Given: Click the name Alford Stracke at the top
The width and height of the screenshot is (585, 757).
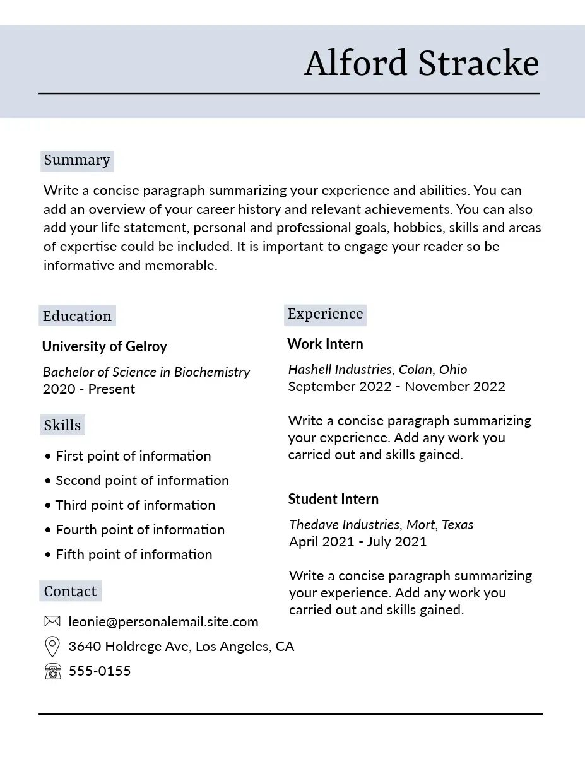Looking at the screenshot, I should point(421,64).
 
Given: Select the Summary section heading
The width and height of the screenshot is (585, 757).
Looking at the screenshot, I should point(77,160).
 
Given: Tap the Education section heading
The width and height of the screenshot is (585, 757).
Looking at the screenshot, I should point(77,316).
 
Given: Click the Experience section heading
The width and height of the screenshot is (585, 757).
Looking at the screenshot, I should point(325,314).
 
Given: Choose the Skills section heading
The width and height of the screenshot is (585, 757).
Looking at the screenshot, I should point(62,425).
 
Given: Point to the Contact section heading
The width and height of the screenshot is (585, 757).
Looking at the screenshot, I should point(70,591).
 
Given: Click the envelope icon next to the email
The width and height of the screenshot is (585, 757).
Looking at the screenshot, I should point(52,622).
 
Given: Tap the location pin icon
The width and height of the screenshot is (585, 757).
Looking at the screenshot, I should point(52,647).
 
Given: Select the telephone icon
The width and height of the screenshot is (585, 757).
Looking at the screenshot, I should point(53,671).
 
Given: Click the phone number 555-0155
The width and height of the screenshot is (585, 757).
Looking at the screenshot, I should point(100,671).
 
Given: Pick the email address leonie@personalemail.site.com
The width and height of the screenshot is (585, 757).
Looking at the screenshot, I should point(163,622).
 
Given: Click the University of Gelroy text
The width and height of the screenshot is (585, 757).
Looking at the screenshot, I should point(104,346).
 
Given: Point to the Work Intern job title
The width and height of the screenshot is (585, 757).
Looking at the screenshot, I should point(325,344).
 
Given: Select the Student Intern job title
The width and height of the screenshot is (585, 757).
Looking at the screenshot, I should point(333,499).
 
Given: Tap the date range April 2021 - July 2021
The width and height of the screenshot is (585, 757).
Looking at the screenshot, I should point(358,541).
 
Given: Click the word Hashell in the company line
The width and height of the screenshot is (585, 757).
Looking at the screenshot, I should point(309,370).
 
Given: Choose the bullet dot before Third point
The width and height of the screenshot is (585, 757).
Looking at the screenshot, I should point(48,506).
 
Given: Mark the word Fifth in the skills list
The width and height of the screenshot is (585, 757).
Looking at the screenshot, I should point(69,555).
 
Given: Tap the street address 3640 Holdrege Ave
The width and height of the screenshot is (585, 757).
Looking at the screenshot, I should point(129,647).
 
